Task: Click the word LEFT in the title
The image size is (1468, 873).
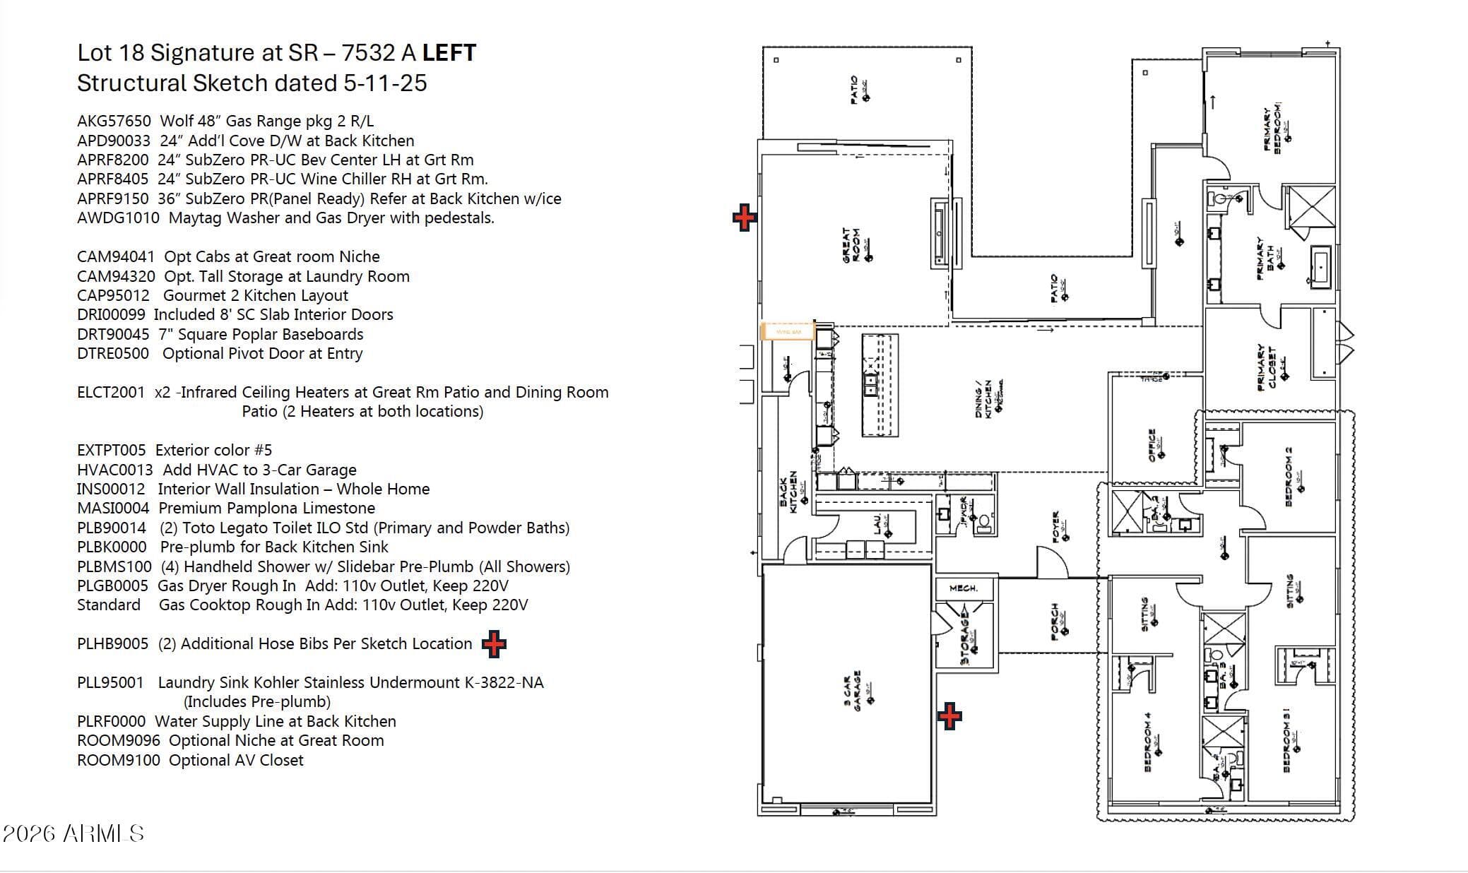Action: [x=449, y=53]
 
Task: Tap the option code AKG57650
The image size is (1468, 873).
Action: [x=114, y=121]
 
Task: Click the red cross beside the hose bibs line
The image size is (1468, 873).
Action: [x=494, y=644]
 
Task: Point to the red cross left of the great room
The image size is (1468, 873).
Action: [x=744, y=218]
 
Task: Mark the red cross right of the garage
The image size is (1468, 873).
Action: [x=949, y=716]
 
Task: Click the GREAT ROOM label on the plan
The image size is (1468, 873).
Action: [x=851, y=246]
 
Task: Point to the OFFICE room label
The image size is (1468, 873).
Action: [x=1152, y=446]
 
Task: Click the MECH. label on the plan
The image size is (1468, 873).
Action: [x=964, y=588]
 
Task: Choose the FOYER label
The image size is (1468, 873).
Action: [x=1056, y=527]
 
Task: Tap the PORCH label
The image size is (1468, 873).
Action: [x=1055, y=622]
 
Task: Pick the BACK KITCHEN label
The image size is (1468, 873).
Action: [x=788, y=492]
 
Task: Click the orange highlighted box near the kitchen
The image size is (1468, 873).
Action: [x=788, y=331]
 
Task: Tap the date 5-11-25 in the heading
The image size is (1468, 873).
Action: [x=386, y=83]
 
